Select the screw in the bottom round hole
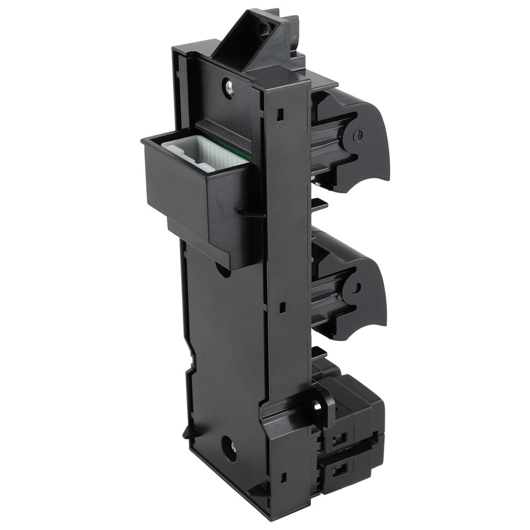[x=230, y=444]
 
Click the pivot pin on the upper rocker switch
[x=357, y=134]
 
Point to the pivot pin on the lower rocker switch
[x=356, y=288]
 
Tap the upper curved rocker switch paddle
[x=370, y=146]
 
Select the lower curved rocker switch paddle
[x=368, y=298]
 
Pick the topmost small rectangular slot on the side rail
[x=280, y=114]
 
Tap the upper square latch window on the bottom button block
[x=339, y=439]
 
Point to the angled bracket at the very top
[x=254, y=41]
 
